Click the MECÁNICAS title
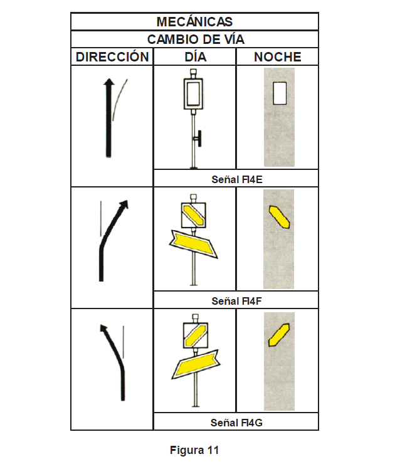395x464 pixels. coord(194,21)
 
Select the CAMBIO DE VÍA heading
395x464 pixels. coord(196,39)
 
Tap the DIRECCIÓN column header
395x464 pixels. coord(112,56)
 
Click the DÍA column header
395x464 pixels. coord(195,56)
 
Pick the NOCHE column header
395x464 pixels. coord(278,57)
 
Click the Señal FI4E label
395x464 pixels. coord(237,179)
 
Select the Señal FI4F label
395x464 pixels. coord(236,301)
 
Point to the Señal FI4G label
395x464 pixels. coord(236,423)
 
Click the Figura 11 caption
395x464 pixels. coord(194,450)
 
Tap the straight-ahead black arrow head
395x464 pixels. coord(109,82)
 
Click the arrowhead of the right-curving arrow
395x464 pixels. coord(124,204)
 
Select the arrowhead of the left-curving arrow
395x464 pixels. coord(103,329)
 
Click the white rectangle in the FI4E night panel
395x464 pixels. coord(280,93)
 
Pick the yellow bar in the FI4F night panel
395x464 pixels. coord(279,217)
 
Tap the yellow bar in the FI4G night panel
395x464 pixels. coord(279,335)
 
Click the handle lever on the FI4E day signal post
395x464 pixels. coord(199,139)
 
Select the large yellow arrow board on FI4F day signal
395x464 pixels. coord(194,243)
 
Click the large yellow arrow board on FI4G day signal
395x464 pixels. coord(196,365)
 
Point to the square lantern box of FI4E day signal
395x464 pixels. coord(193,93)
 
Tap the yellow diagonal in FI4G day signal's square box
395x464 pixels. coord(195,336)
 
